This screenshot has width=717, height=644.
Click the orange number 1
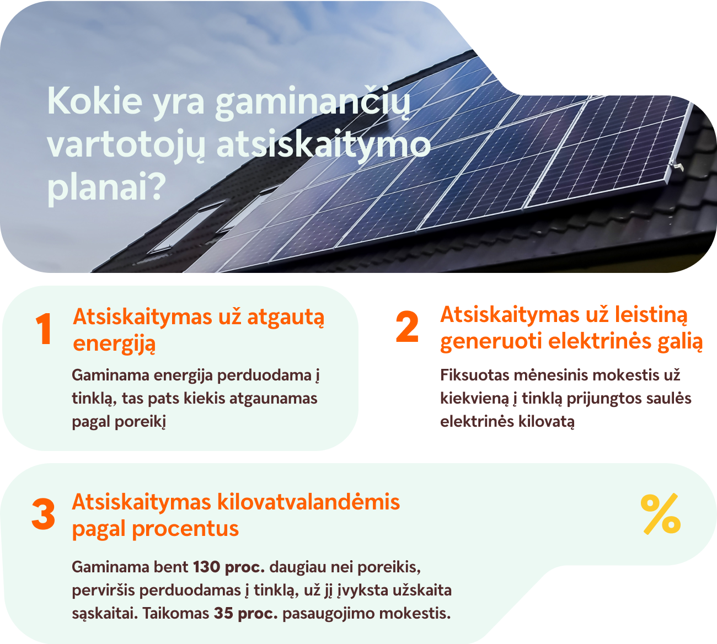click(x=44, y=329)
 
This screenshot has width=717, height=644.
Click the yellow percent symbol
click(x=660, y=514)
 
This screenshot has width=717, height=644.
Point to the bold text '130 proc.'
click(x=229, y=567)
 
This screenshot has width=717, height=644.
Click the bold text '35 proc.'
click(x=245, y=613)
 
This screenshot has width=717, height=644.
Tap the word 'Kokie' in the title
click(x=95, y=101)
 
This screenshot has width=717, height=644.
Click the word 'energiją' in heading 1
click(x=114, y=344)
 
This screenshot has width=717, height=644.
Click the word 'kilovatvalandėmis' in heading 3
click(x=308, y=502)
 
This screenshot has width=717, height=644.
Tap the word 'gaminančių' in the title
click(x=313, y=103)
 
